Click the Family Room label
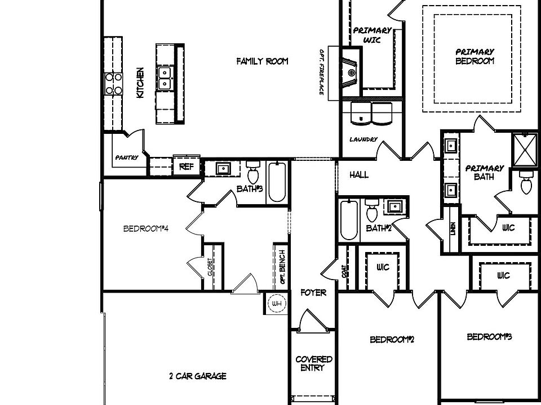click(262, 61)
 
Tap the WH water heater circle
click(276, 304)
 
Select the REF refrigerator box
click(186, 166)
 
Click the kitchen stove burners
click(113, 83)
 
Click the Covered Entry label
click(314, 363)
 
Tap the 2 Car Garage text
click(198, 376)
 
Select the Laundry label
click(363, 139)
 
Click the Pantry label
click(126, 157)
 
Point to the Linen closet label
click(453, 229)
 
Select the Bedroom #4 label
click(146, 229)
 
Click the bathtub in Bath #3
click(277, 182)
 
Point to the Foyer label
click(313, 293)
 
